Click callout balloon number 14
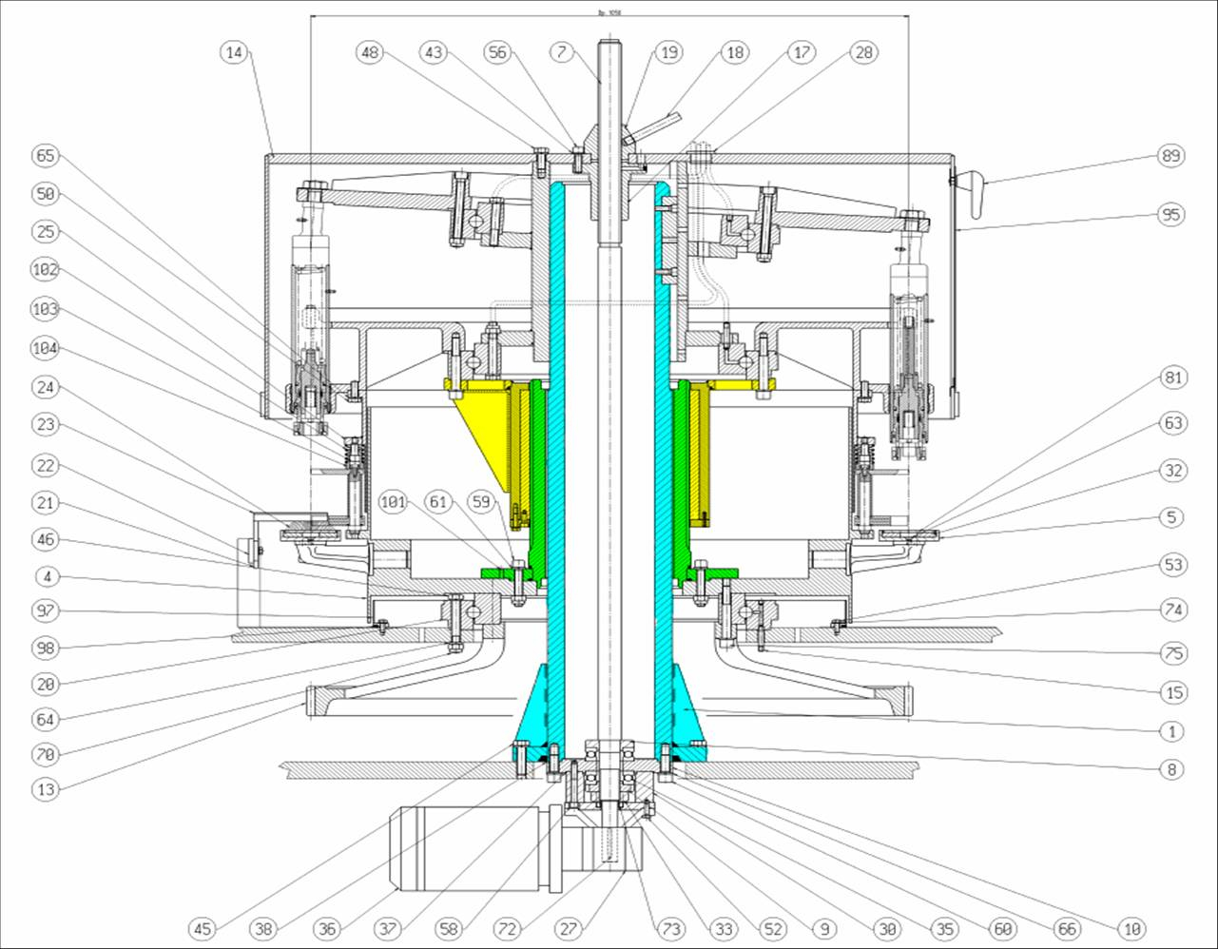235,53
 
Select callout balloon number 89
1172,156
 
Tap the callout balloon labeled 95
1172,215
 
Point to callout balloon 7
563,52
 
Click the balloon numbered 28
863,53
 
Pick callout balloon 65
45,156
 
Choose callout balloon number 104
45,348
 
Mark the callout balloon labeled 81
1174,378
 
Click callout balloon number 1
1172,731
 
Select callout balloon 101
393,501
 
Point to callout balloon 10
1131,928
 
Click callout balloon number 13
45,788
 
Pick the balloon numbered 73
671,928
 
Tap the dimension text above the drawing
609,13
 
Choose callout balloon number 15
1174,692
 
